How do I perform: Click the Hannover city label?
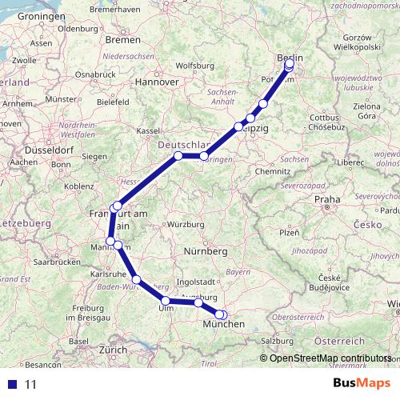[156, 82]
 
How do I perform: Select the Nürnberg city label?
[206, 251]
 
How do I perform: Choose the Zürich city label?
[113, 350]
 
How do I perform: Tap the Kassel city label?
[149, 130]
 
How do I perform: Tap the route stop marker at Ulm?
[166, 302]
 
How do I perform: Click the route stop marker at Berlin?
[289, 65]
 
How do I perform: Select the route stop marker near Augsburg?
[198, 302]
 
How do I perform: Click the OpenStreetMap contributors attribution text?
[330, 358]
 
